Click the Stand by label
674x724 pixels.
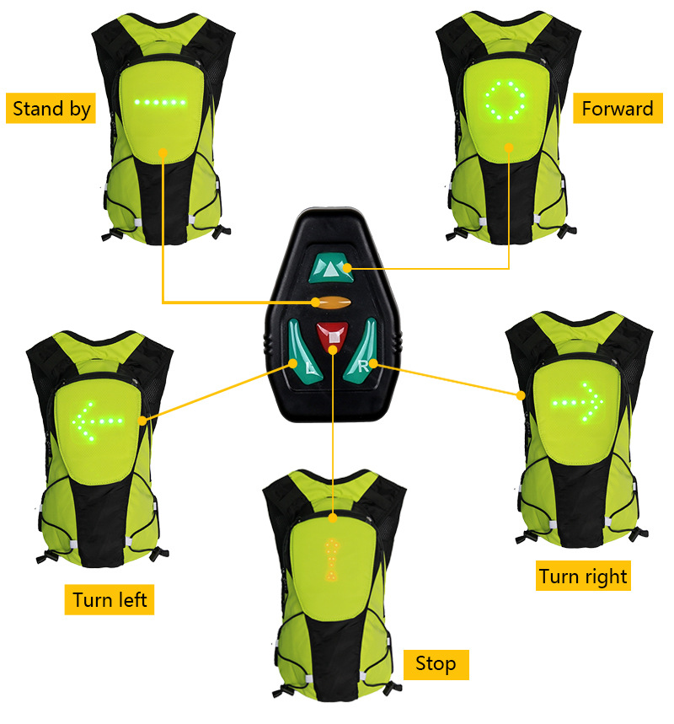tap(51, 109)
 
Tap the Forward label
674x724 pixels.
tap(617, 109)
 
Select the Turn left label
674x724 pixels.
tap(110, 599)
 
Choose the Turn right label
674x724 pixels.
tap(583, 577)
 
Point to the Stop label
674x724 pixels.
tap(435, 663)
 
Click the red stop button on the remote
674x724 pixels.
tap(334, 335)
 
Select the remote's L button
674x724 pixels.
tap(300, 359)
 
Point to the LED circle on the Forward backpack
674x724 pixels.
tap(505, 101)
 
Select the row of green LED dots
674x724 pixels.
tap(160, 103)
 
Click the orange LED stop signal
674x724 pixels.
tap(334, 559)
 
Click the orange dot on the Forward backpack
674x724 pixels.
tap(509, 147)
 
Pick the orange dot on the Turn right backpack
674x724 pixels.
tap(519, 393)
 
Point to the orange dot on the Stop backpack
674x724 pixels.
tap(334, 516)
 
